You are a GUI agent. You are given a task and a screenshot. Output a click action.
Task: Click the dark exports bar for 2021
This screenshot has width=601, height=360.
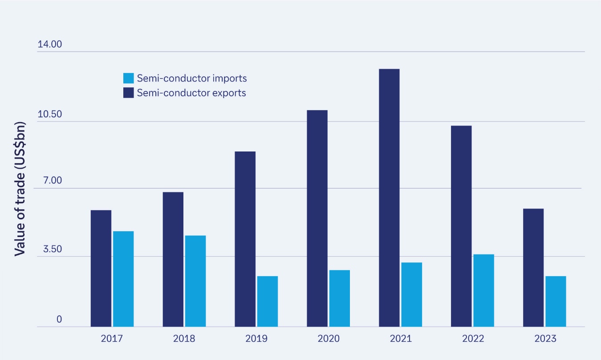(x=389, y=198)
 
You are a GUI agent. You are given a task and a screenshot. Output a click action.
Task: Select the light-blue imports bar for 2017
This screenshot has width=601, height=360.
(x=123, y=279)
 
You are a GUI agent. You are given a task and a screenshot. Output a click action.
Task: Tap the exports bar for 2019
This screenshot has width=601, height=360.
(x=245, y=239)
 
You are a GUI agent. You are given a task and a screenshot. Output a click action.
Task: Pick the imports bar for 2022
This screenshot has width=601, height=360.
(x=483, y=290)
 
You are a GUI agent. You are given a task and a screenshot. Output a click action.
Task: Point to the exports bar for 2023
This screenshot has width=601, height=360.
(x=533, y=267)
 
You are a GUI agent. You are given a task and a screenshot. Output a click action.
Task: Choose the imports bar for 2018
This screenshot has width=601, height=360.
(x=195, y=281)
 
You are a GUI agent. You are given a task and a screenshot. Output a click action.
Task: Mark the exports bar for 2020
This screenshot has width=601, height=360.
(x=317, y=218)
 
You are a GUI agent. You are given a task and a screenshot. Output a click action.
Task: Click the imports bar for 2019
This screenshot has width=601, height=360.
(x=267, y=301)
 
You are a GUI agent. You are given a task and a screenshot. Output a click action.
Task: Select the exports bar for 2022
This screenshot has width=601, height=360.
(x=461, y=226)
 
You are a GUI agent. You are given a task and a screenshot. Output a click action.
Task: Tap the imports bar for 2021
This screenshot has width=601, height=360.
(x=411, y=295)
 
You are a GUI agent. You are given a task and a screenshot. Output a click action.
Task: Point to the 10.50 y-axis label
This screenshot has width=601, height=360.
(x=49, y=115)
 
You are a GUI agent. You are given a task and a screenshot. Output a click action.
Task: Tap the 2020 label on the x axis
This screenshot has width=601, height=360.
(x=329, y=339)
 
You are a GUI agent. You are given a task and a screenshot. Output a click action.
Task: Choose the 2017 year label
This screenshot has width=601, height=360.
(x=112, y=339)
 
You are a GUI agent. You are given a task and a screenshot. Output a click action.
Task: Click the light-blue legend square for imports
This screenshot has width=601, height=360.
(x=128, y=78)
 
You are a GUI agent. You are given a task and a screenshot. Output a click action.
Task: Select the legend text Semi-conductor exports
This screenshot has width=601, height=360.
(x=191, y=93)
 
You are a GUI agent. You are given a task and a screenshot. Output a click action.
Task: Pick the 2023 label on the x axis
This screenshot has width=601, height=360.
(x=545, y=339)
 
